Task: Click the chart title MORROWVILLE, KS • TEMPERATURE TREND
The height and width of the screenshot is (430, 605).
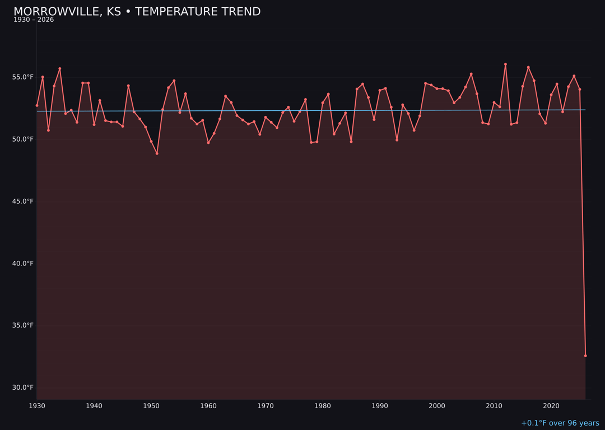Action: coord(137,12)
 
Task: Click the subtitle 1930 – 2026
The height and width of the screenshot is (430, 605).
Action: coord(34,20)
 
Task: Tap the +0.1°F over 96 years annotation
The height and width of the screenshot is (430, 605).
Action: coord(560,423)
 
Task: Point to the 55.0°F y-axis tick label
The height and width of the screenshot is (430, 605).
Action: coord(22,77)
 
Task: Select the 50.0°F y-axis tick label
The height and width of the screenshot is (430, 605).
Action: coord(22,139)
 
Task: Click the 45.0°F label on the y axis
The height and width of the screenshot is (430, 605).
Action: coord(22,202)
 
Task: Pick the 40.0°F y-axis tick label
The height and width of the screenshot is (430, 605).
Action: coord(22,264)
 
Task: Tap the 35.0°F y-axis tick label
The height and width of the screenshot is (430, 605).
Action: coord(22,325)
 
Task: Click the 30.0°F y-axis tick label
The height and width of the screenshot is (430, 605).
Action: coord(22,387)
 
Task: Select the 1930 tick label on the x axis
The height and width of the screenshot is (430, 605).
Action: coord(37,406)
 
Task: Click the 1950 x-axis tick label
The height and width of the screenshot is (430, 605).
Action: coord(151,406)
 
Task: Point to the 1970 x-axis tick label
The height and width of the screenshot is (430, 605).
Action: coord(266,406)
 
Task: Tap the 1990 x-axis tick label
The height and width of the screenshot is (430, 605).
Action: coord(380,406)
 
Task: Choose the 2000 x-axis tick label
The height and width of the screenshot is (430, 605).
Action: coord(437,406)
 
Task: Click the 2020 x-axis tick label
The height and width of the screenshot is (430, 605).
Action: coord(551,406)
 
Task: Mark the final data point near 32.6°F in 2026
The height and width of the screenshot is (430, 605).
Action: coord(585,356)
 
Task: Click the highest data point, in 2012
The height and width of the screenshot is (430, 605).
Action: coord(505,64)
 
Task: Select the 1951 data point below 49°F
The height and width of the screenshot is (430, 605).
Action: coord(157,153)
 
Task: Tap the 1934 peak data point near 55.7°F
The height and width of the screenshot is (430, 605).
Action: coord(60,69)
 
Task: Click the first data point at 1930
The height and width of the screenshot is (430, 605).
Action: coord(37,105)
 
